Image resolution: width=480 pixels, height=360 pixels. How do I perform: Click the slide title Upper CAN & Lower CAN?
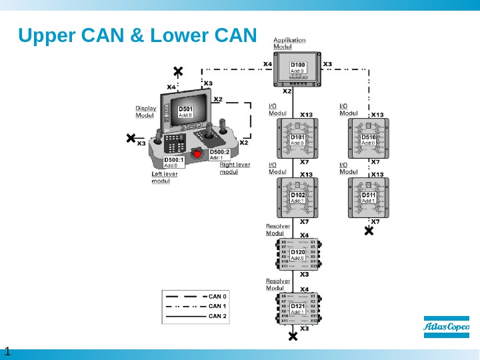click(137, 35)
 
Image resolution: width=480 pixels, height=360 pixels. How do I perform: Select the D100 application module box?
click(297, 70)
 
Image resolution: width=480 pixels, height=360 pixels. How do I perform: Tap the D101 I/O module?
click(297, 139)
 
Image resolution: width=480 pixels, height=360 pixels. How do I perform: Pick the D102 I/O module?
click(297, 197)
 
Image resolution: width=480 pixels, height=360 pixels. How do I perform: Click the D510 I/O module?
click(369, 139)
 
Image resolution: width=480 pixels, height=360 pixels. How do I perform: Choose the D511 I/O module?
click(369, 197)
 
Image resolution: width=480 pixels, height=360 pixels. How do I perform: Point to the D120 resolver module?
click(297, 254)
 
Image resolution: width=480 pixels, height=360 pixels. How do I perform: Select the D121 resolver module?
click(297, 308)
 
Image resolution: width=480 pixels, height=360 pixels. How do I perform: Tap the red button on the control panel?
click(197, 153)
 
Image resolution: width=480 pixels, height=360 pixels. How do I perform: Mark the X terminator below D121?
click(293, 337)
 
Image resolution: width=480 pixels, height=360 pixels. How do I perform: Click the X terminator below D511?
click(369, 231)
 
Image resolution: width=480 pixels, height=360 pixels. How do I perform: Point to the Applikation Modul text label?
click(289, 43)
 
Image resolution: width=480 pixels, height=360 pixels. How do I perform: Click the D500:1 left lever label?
click(173, 162)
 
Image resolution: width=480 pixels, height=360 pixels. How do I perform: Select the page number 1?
click(7, 351)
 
